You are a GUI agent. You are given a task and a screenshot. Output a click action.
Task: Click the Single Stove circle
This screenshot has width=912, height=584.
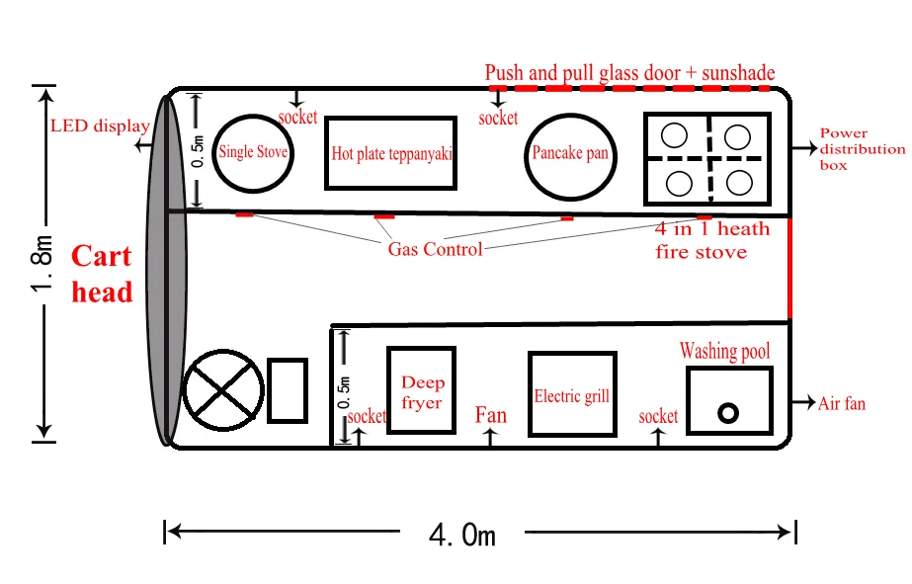click(x=254, y=152)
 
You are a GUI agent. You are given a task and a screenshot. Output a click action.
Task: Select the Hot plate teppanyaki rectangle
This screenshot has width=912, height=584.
click(x=392, y=153)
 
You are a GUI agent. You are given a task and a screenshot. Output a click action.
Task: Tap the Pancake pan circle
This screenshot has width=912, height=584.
click(x=569, y=154)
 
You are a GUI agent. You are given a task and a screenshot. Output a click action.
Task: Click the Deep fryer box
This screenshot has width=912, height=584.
click(x=421, y=391)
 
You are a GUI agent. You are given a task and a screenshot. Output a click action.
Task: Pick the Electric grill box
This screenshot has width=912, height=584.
click(x=571, y=395)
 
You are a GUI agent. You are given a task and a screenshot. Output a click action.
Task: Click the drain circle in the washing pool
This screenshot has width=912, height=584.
click(x=729, y=413)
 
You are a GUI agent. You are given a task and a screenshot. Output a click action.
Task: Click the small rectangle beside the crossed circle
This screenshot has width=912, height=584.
click(x=287, y=391)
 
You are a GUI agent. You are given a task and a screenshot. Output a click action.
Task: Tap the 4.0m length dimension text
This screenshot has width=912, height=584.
click(x=462, y=535)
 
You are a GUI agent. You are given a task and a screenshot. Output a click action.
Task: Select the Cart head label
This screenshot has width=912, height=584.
click(x=102, y=274)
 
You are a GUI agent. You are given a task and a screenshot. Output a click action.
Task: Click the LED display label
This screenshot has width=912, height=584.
click(x=99, y=126)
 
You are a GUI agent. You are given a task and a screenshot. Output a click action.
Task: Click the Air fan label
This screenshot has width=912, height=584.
click(x=841, y=403)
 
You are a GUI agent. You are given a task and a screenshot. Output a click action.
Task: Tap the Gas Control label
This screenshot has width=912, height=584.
click(x=435, y=249)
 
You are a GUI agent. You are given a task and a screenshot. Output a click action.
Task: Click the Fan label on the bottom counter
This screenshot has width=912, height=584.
click(x=490, y=415)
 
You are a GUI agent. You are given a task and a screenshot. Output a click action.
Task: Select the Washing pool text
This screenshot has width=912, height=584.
click(x=724, y=352)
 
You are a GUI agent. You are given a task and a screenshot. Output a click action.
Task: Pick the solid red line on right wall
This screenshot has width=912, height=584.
click(x=790, y=269)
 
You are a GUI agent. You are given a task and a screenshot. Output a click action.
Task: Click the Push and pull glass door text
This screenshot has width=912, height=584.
click(x=629, y=73)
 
